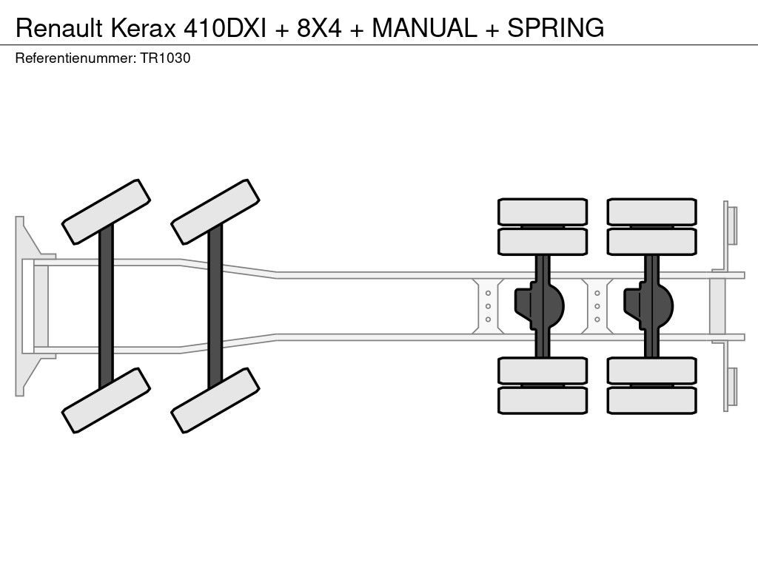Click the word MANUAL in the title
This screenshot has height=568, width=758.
424,28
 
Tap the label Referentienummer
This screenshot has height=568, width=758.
75,59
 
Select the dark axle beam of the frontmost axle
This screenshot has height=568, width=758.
106,305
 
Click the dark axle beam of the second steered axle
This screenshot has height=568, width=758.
215,305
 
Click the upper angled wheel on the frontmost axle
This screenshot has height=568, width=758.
107,211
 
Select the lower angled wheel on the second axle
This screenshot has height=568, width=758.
215,400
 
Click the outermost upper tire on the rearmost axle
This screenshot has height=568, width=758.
651,212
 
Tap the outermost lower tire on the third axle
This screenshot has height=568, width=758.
543,401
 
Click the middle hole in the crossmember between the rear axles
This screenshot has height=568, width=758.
597,306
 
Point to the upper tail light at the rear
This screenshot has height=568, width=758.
731,225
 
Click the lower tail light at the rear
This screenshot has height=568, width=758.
731,386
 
